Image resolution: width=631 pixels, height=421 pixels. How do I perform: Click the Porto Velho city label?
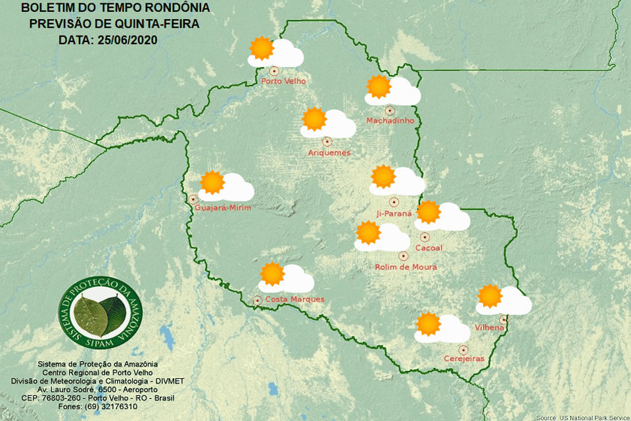(283, 82)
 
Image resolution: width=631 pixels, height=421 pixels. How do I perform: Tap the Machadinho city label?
(390, 121)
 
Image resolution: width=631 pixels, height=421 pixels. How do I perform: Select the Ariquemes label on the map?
(329, 153)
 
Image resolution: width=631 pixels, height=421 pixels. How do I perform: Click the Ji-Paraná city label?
(394, 213)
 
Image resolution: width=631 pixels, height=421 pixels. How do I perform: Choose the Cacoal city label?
(429, 248)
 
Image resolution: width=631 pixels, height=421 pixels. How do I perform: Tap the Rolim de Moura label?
(406, 267)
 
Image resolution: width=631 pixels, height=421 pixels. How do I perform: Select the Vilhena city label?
(489, 327)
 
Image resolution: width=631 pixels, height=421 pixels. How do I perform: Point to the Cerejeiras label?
(464, 359)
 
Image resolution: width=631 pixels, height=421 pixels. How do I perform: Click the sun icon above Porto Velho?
(262, 49)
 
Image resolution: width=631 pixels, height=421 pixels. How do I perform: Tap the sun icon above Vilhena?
(489, 296)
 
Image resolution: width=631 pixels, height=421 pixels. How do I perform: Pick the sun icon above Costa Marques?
(271, 274)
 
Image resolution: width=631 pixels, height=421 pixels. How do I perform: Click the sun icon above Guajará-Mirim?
(212, 182)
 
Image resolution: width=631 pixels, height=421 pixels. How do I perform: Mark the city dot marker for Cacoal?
(425, 237)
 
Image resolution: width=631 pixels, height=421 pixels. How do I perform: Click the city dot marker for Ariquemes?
(327, 141)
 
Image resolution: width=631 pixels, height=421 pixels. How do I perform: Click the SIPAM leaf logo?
(99, 313)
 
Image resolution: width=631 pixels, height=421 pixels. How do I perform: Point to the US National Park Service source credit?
(582, 417)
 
